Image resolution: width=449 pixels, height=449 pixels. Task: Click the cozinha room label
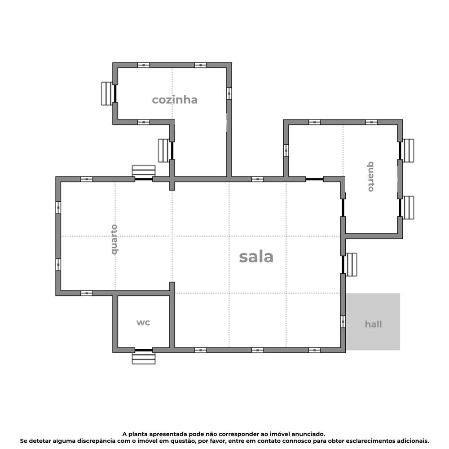tap(174, 100)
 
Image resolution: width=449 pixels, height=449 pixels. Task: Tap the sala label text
tap(256, 257)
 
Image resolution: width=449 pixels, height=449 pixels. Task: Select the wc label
tap(143, 322)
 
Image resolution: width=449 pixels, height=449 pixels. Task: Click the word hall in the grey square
tap(373, 324)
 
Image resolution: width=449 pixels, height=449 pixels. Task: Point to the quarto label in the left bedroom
tap(114, 239)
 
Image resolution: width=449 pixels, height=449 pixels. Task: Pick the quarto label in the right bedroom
tap(371, 176)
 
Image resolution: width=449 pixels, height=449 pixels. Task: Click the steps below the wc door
tap(144, 358)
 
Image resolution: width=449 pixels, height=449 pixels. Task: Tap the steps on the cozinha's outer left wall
tap(106, 93)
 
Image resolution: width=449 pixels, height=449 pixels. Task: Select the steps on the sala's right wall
tap(352, 264)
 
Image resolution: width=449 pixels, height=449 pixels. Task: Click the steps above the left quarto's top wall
tap(144, 171)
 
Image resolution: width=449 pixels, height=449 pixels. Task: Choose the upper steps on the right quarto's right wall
tap(408, 151)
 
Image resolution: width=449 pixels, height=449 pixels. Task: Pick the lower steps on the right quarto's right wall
tap(408, 207)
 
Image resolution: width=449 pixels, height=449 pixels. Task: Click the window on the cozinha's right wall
tap(229, 93)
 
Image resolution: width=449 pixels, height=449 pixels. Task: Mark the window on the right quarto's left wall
tap(286, 151)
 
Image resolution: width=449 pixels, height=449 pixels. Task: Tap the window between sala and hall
tap(343, 322)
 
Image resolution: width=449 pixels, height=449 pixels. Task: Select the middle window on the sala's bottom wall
tap(257, 350)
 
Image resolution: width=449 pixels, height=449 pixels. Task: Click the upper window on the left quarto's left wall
tap(58, 208)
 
